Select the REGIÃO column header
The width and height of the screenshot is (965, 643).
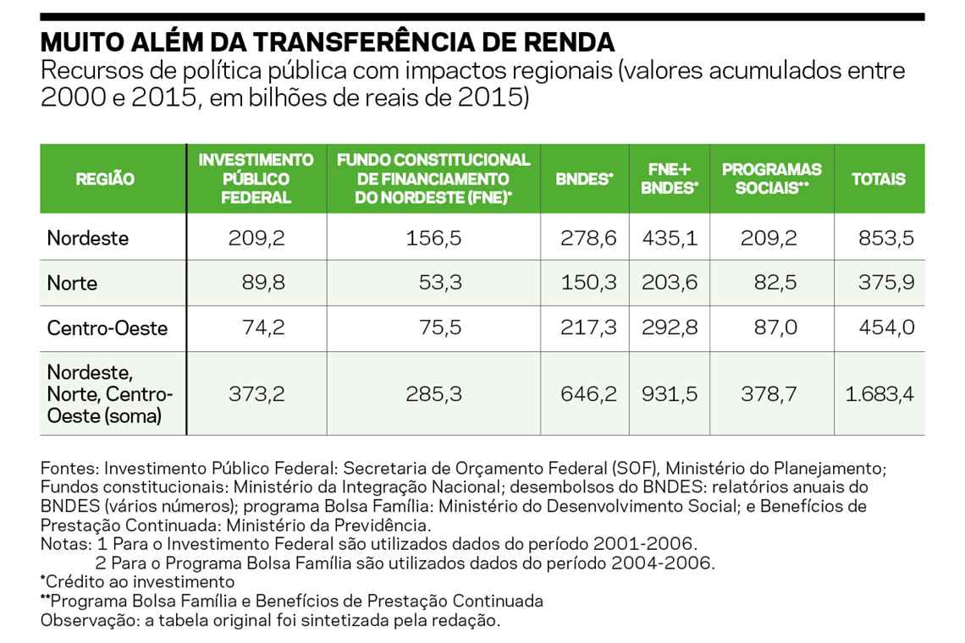[x=105, y=179]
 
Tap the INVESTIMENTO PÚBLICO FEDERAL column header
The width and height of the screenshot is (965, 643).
[x=256, y=179]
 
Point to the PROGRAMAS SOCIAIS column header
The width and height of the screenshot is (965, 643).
[x=759, y=179]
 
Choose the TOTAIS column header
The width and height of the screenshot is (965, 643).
[x=878, y=179]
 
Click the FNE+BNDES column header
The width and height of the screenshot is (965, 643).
[x=669, y=179]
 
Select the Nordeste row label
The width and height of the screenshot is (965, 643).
[x=88, y=238]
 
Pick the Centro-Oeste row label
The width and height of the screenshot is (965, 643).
[x=108, y=327]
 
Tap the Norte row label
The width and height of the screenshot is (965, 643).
[x=74, y=283]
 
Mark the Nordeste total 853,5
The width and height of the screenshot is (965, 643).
[x=887, y=238]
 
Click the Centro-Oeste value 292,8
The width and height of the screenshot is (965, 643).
[x=669, y=327]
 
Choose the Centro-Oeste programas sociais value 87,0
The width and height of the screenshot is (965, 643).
[x=775, y=327]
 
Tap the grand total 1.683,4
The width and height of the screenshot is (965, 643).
[x=880, y=393]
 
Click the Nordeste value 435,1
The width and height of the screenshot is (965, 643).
[x=669, y=238]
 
